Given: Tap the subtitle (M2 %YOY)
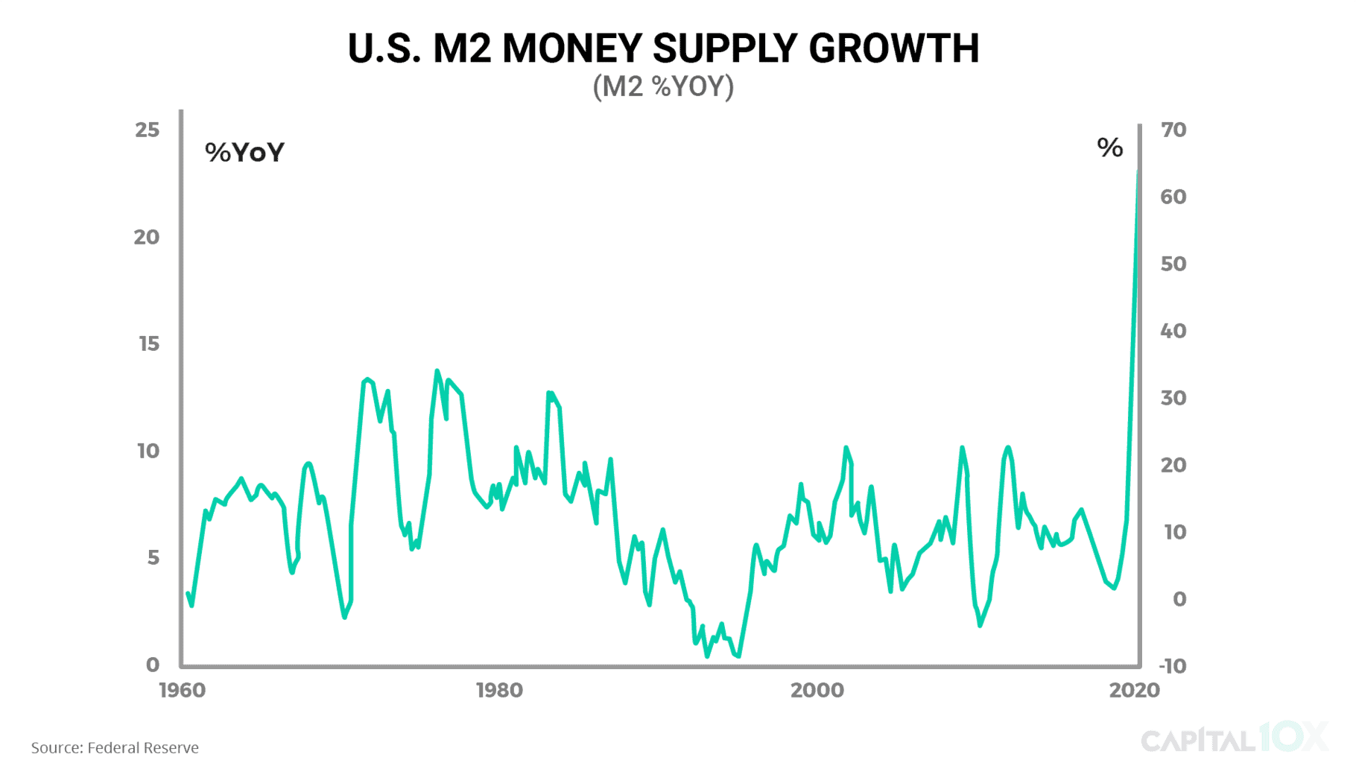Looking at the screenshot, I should pyautogui.click(x=663, y=87).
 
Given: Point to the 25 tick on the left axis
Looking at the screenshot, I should pyautogui.click(x=148, y=130).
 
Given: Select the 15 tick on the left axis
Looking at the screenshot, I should pyautogui.click(x=149, y=344).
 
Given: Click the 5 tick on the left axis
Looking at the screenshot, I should pyautogui.click(x=153, y=558).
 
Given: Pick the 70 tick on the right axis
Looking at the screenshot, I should pyautogui.click(x=1173, y=130).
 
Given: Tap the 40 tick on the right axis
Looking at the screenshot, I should pyautogui.click(x=1173, y=331).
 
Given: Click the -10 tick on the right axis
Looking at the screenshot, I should pyautogui.click(x=1173, y=666).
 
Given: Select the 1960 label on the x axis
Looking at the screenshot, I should pyautogui.click(x=182, y=691).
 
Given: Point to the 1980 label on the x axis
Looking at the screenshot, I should pyautogui.click(x=499, y=691).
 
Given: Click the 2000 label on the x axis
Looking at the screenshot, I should pyautogui.click(x=817, y=691).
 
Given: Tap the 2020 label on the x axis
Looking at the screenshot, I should pyautogui.click(x=1134, y=691).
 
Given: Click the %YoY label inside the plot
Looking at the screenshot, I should pyautogui.click(x=244, y=153).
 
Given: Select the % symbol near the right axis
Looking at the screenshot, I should pyautogui.click(x=1109, y=148).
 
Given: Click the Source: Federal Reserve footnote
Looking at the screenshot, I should pyautogui.click(x=115, y=747).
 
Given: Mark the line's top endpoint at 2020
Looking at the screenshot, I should pyautogui.click(x=1138, y=173).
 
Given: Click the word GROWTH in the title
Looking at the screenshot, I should pyautogui.click(x=893, y=49).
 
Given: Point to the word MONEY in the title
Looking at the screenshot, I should pyautogui.click(x=571, y=49).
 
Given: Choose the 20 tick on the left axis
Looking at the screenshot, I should pyautogui.click(x=147, y=238).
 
